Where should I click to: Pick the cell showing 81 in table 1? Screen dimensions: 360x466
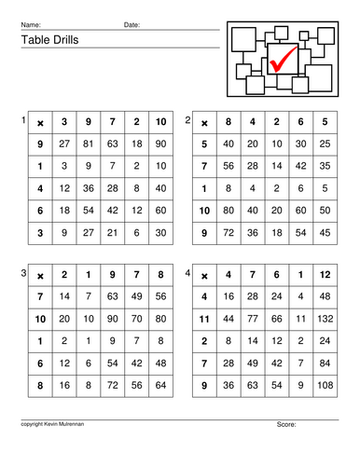[88, 144]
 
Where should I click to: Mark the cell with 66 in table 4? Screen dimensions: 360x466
[276, 318]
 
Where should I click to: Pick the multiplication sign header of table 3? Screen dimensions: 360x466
[39, 275]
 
